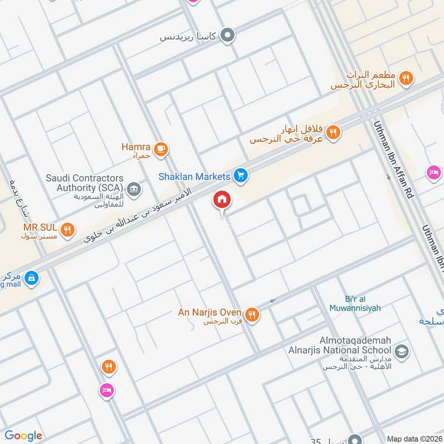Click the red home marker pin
222,200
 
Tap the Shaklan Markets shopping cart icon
240,176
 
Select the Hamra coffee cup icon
161,148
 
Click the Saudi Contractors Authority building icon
133,190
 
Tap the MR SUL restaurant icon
68,229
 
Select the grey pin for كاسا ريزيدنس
227,37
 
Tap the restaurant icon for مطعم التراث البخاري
406,79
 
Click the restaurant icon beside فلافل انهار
333,132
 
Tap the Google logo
23,436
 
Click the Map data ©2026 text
415,438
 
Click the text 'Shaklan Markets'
194,176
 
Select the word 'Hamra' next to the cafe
136,147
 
